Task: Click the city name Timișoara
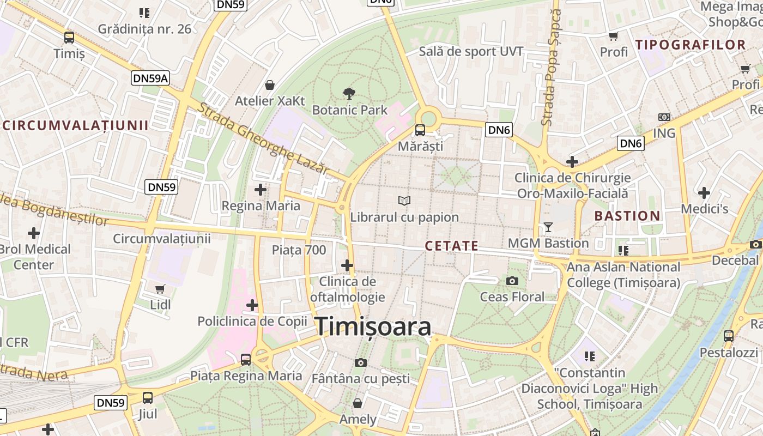coord(374,326)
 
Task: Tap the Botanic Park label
coord(349,110)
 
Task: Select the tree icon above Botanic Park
coord(349,93)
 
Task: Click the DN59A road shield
coord(150,78)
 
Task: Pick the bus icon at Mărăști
coord(420,130)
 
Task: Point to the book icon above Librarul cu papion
coord(404,201)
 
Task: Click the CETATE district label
coord(451,246)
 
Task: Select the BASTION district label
coord(627,216)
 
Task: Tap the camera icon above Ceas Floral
coord(512,281)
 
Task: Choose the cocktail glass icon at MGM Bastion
coord(548,227)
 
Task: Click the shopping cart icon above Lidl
coord(160,289)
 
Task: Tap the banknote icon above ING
coord(664,117)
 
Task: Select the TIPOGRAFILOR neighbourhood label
coord(691,45)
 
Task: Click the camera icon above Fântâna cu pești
coord(360,362)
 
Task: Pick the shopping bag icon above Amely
coord(358,403)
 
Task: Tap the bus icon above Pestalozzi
coord(728,336)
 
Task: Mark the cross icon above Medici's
coord(704,192)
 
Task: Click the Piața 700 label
coord(299,250)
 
